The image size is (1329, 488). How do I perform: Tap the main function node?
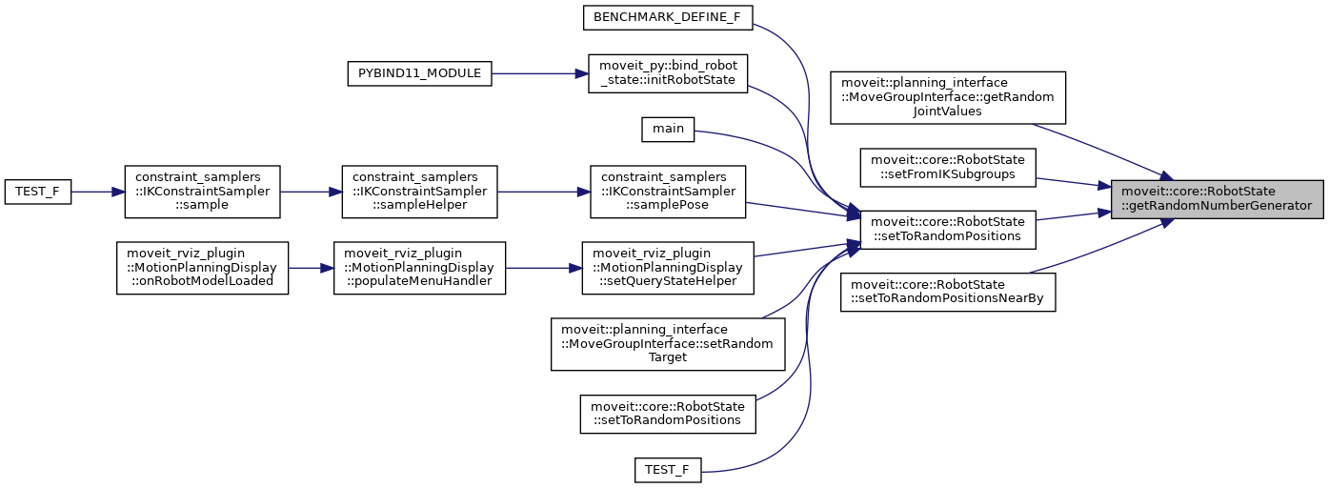[x=668, y=129]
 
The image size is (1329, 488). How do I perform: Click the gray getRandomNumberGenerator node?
[x=1217, y=199]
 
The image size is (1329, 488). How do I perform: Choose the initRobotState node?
[x=668, y=73]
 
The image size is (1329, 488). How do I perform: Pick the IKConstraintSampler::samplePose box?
[x=667, y=192]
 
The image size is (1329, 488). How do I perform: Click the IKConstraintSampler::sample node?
[x=202, y=192]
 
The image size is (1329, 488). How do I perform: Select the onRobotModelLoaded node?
[x=202, y=267]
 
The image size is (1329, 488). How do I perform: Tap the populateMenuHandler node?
[x=418, y=267]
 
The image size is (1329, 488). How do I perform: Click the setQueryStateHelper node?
[x=668, y=267]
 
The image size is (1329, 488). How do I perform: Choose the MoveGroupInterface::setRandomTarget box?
[x=668, y=343]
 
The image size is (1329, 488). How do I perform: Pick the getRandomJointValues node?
[x=947, y=97]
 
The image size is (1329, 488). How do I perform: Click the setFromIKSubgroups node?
[x=947, y=166]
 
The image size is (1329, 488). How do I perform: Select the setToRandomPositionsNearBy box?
[x=947, y=292]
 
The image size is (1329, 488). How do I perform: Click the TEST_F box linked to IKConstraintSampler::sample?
[x=38, y=192]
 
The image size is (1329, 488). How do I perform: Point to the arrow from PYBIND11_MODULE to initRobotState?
[x=539, y=73]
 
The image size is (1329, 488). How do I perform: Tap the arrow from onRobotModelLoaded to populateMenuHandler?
[x=311, y=267]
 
